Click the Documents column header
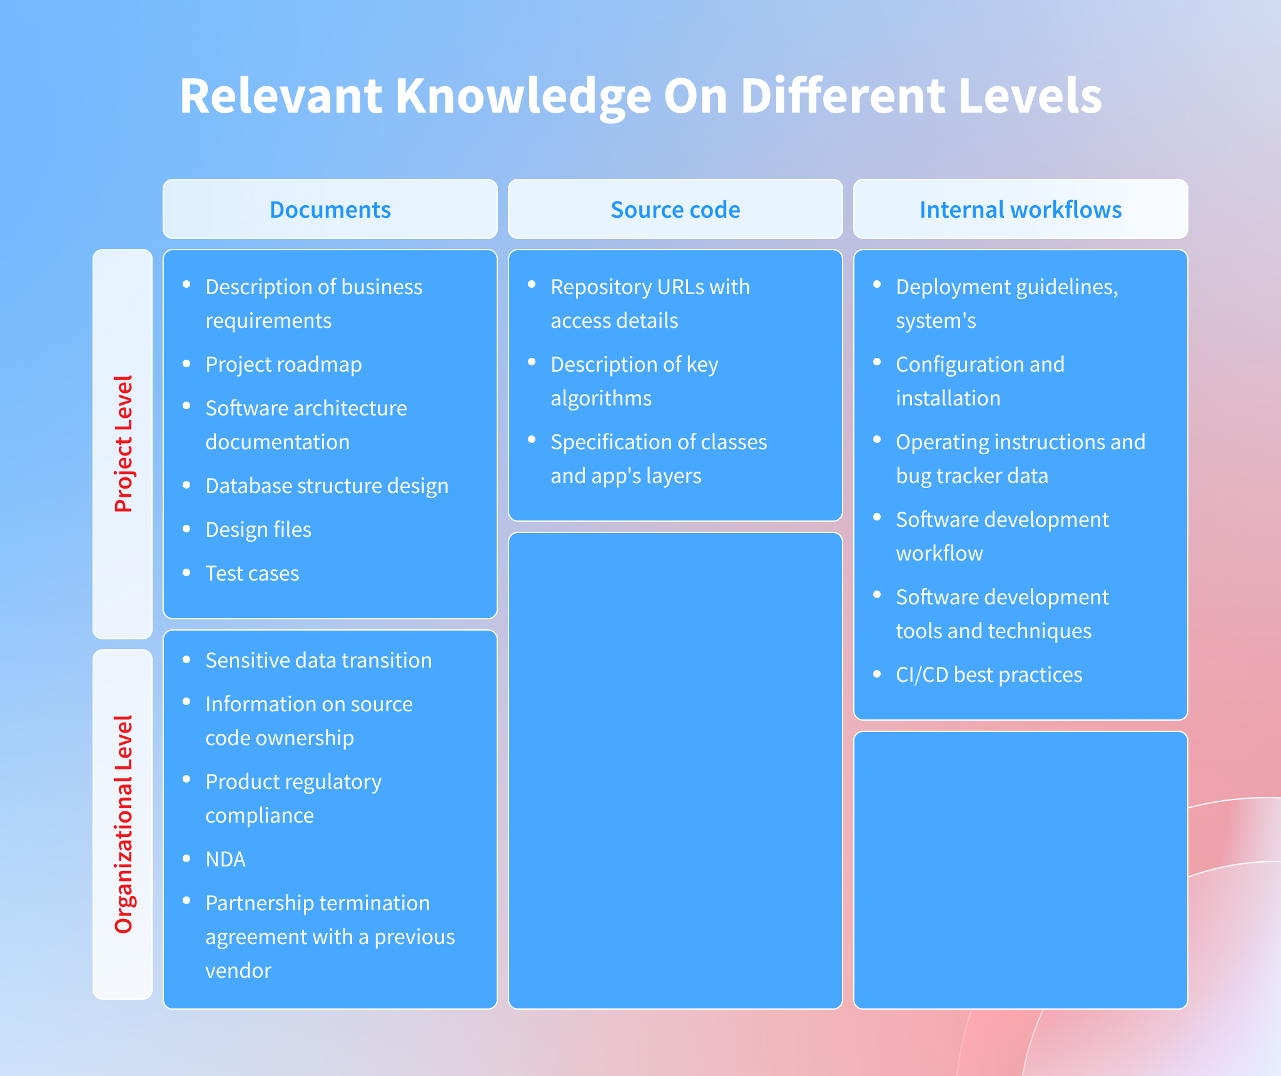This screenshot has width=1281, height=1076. pyautogui.click(x=330, y=210)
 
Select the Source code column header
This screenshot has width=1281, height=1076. pyautogui.click(x=676, y=210)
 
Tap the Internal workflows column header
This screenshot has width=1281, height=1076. pyautogui.click(x=1021, y=210)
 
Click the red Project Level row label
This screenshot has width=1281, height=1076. pyautogui.click(x=123, y=444)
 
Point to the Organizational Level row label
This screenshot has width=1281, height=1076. pyautogui.click(x=123, y=825)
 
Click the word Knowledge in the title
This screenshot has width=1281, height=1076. pyautogui.click(x=523, y=97)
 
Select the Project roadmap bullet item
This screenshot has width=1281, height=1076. pyautogui.click(x=283, y=365)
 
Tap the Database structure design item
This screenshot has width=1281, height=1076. pyautogui.click(x=327, y=486)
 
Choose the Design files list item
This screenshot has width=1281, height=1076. pyautogui.click(x=258, y=530)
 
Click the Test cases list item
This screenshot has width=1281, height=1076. pyautogui.click(x=252, y=574)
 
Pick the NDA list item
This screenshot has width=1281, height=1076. pyautogui.click(x=225, y=860)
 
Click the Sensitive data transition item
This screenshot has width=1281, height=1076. pyautogui.click(x=318, y=661)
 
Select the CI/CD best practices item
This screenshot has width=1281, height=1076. pyautogui.click(x=989, y=675)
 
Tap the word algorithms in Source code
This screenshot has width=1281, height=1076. pyautogui.click(x=601, y=398)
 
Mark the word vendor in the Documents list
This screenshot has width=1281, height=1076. pyautogui.click(x=238, y=971)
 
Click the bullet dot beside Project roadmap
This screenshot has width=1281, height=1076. pyautogui.click(x=186, y=363)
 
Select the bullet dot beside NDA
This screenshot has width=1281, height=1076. pyautogui.click(x=186, y=858)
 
